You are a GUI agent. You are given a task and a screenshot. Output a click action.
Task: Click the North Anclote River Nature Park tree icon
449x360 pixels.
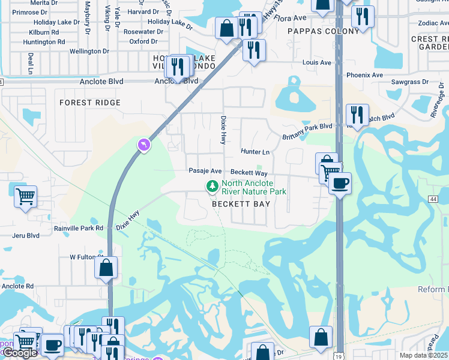[x=212, y=187]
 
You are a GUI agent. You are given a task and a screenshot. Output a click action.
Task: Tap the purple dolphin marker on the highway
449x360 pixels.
[x=143, y=145]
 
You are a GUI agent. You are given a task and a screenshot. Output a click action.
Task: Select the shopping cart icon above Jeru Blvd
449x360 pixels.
[x=25, y=196]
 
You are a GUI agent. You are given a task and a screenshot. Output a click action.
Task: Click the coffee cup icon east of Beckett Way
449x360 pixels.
[x=340, y=183]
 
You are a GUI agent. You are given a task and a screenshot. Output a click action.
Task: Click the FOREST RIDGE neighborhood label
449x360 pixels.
[x=90, y=103]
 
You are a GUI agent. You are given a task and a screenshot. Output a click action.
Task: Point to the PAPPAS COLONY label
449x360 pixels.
[x=315, y=31]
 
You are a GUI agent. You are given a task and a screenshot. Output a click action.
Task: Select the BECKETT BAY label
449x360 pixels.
[x=241, y=204]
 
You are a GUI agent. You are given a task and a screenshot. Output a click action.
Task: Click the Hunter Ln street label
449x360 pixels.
[x=255, y=152]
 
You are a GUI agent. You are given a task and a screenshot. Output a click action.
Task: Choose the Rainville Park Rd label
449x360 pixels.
[x=79, y=228]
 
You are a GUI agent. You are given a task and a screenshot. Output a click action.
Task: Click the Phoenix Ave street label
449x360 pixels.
[x=364, y=75]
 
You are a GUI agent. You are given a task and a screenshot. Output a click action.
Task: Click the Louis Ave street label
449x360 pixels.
[x=317, y=62]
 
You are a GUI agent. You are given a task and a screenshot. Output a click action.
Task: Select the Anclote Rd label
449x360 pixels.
[x=17, y=286]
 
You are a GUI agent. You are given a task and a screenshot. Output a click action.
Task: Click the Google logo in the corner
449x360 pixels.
[x=20, y=353]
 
